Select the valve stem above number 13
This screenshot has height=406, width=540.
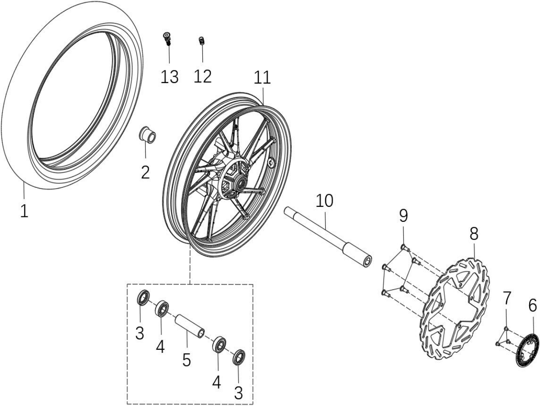167,38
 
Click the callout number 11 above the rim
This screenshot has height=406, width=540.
262,78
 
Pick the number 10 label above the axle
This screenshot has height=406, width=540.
324,201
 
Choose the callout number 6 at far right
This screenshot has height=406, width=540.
532,305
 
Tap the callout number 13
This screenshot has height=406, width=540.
169,77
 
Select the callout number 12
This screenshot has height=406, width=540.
202,77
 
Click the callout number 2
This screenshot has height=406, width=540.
145,172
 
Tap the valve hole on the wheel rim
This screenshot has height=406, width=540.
271,163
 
